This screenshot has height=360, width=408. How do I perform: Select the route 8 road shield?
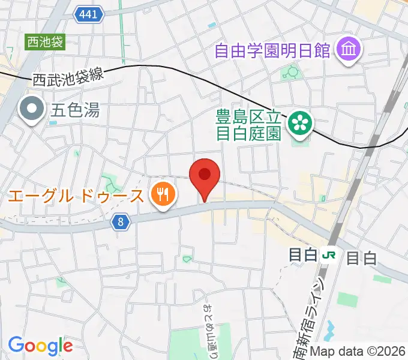121,223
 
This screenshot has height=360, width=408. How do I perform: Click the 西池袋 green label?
44,42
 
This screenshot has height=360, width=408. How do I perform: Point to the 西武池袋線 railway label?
68,77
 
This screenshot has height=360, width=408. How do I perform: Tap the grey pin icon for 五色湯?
32,110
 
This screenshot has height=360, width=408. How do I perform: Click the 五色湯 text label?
75,110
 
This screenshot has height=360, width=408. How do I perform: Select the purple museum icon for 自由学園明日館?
348,50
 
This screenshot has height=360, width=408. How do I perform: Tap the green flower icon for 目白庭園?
298,123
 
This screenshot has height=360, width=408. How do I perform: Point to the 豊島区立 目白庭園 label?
248,124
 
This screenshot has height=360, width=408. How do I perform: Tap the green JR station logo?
329,255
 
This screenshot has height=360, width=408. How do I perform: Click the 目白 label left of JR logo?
303,255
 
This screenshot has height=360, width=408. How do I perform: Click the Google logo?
40,345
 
